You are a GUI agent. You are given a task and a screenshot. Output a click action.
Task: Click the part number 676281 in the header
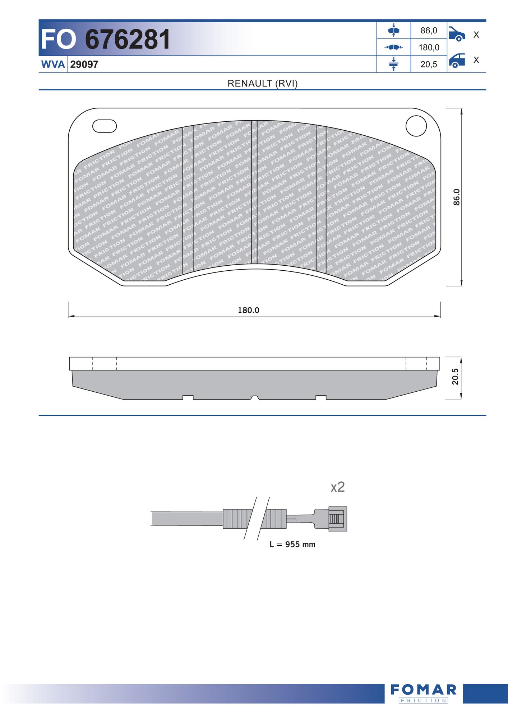pyautogui.click(x=128, y=39)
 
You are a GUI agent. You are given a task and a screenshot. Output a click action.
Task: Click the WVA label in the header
pyautogui.click(x=53, y=64)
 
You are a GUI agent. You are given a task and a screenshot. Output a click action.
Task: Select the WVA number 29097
pyautogui.click(x=84, y=64)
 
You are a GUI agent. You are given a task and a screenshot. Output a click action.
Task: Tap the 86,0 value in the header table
pyautogui.click(x=429, y=31)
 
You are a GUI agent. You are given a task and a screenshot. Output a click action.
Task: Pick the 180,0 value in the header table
pyautogui.click(x=429, y=47)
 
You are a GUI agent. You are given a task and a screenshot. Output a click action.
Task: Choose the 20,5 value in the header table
pyautogui.click(x=429, y=64)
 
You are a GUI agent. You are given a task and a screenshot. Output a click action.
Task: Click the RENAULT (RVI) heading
pyautogui.click(x=263, y=83)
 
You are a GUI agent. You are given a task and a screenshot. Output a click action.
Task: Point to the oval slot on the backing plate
pyautogui.click(x=105, y=126)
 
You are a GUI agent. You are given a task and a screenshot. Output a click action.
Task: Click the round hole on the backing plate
pyautogui.click(x=416, y=126)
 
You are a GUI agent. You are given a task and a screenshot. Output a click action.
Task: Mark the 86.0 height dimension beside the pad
pyautogui.click(x=456, y=197)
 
